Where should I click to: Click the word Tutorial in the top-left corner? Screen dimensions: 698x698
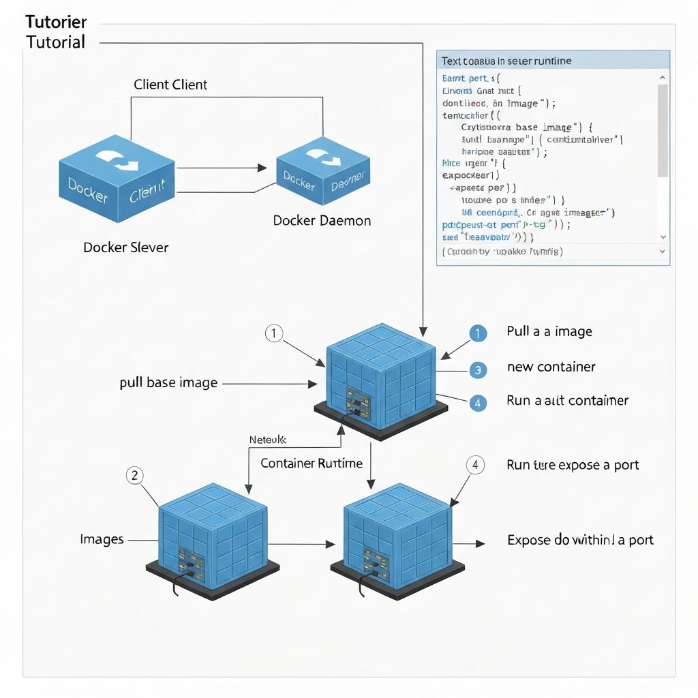(x=56, y=42)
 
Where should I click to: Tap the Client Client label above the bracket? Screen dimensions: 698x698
(x=170, y=85)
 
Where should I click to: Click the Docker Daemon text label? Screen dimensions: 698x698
(x=322, y=221)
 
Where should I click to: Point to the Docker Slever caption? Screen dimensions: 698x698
(x=125, y=247)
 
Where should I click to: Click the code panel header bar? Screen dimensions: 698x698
(x=553, y=61)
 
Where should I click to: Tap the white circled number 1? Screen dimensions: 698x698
(x=273, y=333)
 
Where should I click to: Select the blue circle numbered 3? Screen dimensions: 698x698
(x=478, y=370)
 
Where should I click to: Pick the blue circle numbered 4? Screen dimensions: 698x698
(x=478, y=403)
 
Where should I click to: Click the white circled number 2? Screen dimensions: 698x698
(x=134, y=476)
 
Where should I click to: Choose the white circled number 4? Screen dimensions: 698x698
(x=475, y=466)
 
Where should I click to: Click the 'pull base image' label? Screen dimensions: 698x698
(x=168, y=383)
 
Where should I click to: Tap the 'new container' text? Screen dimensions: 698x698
(x=551, y=367)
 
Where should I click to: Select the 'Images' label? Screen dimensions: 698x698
(x=102, y=540)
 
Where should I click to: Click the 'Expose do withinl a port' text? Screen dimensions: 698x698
(x=580, y=541)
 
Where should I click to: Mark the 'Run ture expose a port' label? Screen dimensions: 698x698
(x=573, y=466)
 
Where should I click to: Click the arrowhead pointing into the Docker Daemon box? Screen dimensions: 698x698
(x=260, y=167)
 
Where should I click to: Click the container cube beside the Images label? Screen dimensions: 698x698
(x=212, y=538)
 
